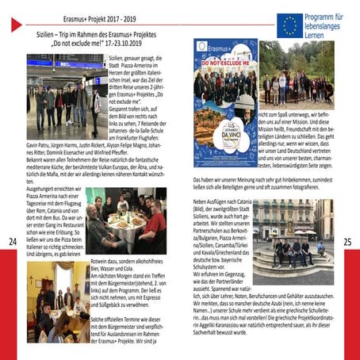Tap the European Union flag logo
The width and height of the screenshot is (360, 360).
click(x=289, y=24)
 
